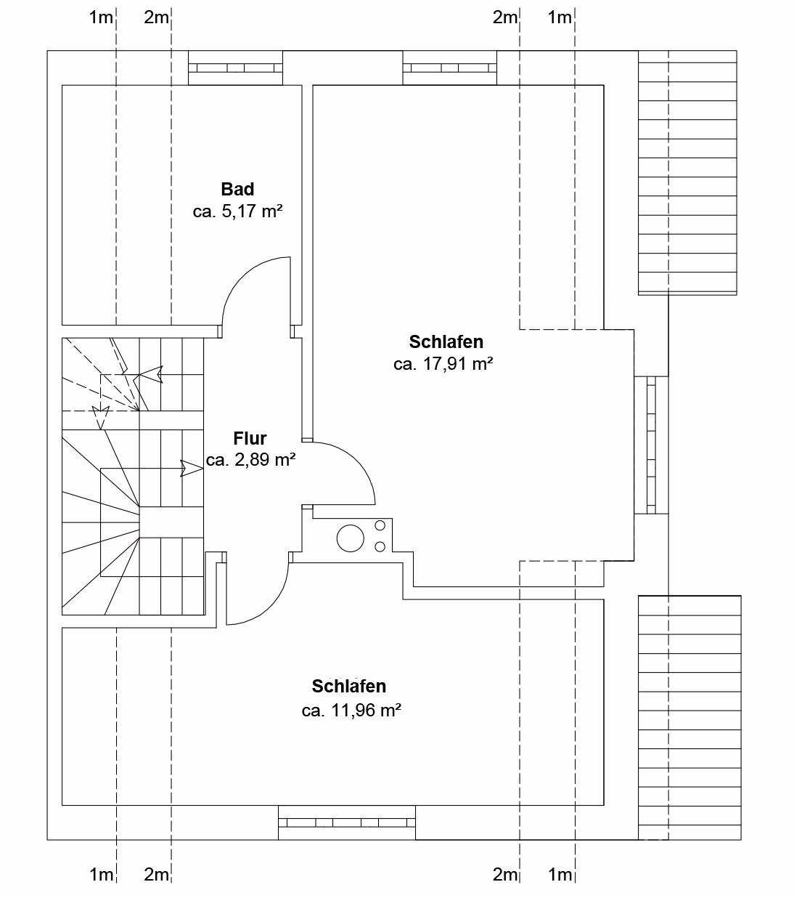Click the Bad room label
pyautogui.click(x=237, y=189)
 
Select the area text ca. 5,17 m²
pyautogui.click(x=237, y=211)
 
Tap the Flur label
pyautogui.click(x=250, y=438)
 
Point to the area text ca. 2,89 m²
pyautogui.click(x=250, y=460)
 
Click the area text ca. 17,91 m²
pyautogui.click(x=443, y=364)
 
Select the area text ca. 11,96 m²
pyautogui.click(x=351, y=710)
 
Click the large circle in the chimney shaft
pyautogui.click(x=351, y=538)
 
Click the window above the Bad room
pyautogui.click(x=235, y=68)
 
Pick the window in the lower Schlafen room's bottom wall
pyautogui.click(x=347, y=822)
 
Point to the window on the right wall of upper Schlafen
pyautogui.click(x=651, y=445)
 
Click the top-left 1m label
pyautogui.click(x=101, y=17)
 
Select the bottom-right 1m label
pyautogui.click(x=560, y=875)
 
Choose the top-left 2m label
pyautogui.click(x=156, y=17)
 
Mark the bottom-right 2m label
pyautogui.click(x=505, y=875)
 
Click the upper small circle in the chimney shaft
pyautogui.click(x=380, y=525)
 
